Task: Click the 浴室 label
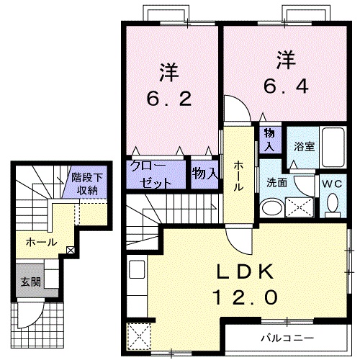pyautogui.click(x=304, y=146)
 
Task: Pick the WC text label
pyautogui.click(x=333, y=183)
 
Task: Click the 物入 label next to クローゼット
pyautogui.click(x=205, y=174)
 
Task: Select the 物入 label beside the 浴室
pyautogui.click(x=269, y=139)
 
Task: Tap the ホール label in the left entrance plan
pyautogui.click(x=42, y=243)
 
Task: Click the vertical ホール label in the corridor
pyautogui.click(x=238, y=175)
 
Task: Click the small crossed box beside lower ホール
pyautogui.click(x=70, y=251)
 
